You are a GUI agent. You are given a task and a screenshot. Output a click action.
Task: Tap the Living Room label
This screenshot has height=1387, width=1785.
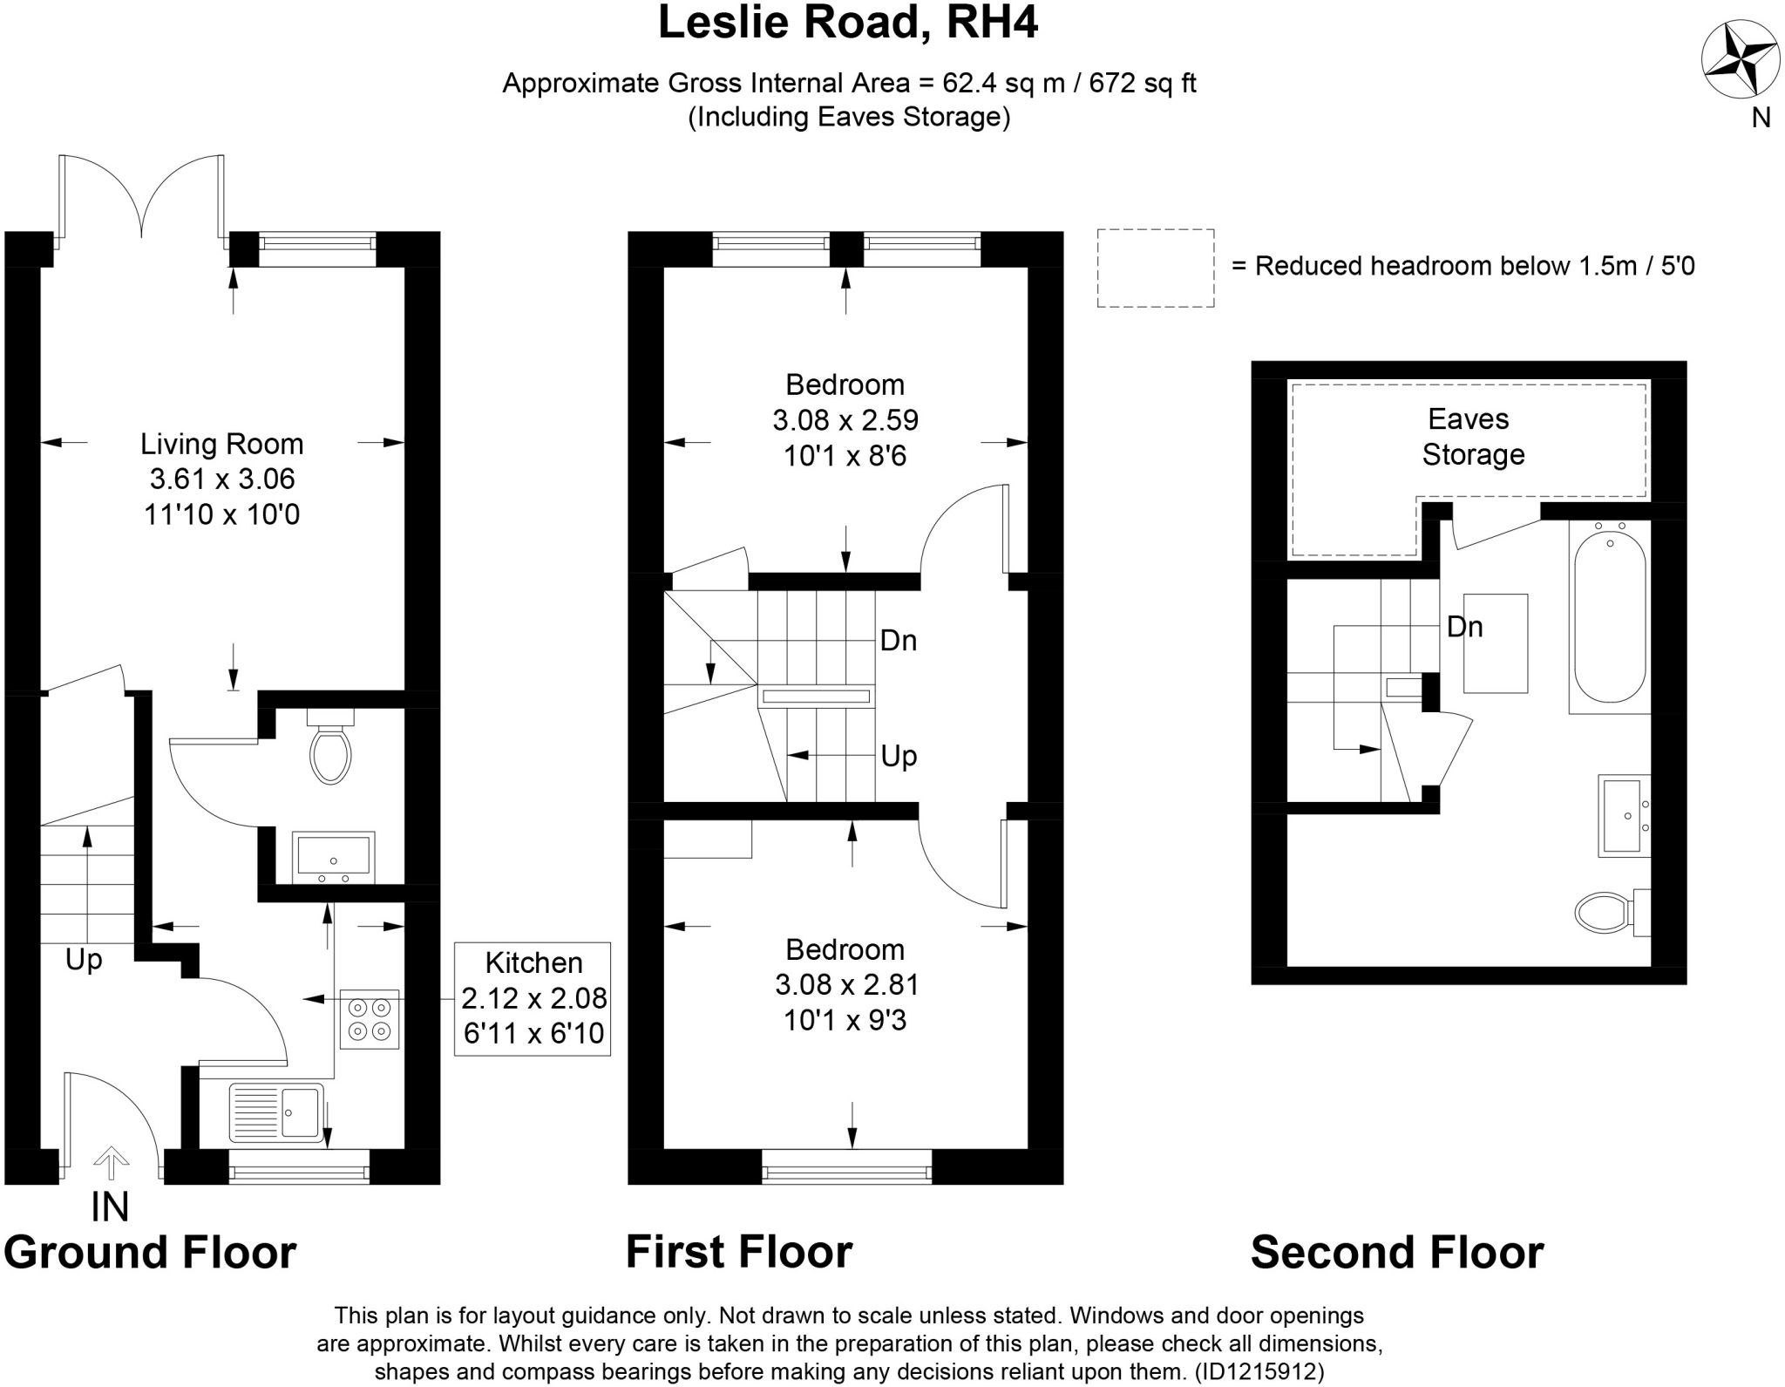(x=221, y=444)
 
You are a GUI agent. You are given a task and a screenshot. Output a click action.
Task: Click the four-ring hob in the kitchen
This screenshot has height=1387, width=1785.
(x=370, y=1018)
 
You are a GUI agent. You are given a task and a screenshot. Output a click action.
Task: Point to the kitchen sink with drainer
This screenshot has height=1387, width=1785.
(x=276, y=1112)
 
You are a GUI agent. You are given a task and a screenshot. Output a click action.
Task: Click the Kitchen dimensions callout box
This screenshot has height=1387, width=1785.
(x=533, y=998)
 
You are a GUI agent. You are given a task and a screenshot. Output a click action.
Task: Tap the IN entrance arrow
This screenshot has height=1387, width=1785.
(x=111, y=1165)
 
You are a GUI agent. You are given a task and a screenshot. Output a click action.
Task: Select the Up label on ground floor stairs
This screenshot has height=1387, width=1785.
(x=84, y=960)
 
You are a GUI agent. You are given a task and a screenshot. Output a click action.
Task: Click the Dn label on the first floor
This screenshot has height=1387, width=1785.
(x=898, y=641)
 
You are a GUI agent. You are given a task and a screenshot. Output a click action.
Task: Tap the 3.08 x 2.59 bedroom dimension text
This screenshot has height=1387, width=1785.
(x=845, y=420)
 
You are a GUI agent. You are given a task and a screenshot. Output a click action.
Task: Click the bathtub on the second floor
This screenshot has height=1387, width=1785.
(x=1609, y=615)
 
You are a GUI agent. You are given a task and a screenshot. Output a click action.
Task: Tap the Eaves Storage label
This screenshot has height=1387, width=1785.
(x=1472, y=437)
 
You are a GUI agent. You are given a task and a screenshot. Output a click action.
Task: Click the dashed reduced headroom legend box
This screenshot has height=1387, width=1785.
(x=1155, y=268)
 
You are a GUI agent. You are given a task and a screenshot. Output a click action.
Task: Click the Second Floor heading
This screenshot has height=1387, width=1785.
(x=1396, y=1252)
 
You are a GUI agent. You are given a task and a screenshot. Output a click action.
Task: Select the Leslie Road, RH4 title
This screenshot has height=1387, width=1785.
(x=847, y=23)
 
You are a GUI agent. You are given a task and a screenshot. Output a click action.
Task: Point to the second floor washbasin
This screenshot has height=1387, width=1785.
(x=1623, y=815)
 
